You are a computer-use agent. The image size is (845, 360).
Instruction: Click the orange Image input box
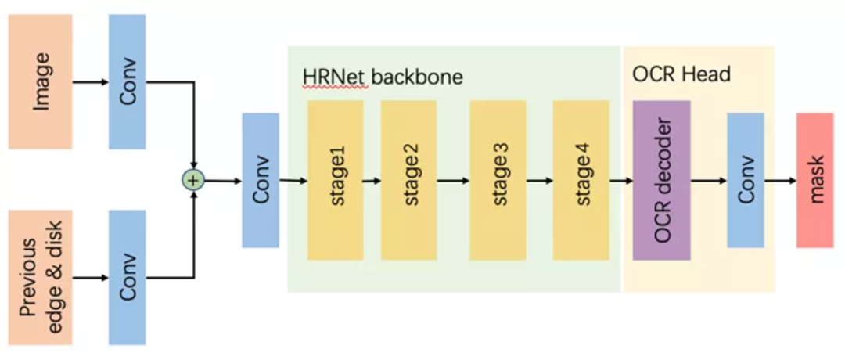point(41,81)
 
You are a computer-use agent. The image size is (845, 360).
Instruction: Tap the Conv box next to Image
point(128,81)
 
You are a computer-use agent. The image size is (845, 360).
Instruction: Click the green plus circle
point(192,181)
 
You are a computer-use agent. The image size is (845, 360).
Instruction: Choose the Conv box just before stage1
point(261,181)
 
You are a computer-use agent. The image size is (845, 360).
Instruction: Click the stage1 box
point(336,181)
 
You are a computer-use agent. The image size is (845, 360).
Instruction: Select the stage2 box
point(408,181)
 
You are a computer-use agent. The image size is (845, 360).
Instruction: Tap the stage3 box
point(498,181)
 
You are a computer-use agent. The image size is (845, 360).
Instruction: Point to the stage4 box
point(581,181)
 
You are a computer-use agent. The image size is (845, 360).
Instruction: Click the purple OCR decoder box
point(662,181)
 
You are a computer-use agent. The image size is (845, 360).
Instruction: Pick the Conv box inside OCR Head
point(746,181)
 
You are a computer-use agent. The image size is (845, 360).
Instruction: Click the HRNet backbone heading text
point(383,77)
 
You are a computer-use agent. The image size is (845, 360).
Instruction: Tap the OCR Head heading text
point(681,74)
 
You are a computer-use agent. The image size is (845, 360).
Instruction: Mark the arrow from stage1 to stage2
point(372,181)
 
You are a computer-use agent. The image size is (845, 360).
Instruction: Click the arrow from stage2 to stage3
point(453,181)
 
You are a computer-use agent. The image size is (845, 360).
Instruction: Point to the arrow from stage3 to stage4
point(539,181)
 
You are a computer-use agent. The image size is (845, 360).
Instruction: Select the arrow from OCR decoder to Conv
point(709,181)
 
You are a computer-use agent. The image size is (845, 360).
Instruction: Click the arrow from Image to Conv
point(91,81)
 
